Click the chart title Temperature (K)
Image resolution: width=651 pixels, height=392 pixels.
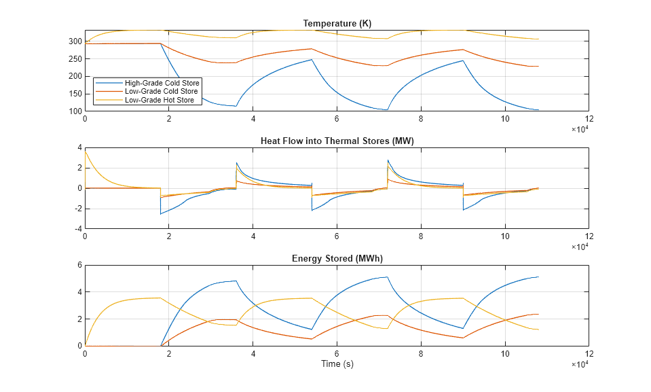point(337,24)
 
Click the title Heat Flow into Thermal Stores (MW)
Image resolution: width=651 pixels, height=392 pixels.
point(337,141)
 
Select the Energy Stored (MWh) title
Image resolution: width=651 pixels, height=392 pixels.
point(337,258)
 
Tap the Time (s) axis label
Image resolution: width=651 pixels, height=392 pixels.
point(337,364)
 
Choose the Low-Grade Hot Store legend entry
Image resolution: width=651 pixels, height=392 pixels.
point(160,100)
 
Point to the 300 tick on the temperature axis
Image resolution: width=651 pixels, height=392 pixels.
point(75,41)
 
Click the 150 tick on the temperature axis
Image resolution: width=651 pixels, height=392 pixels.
point(75,94)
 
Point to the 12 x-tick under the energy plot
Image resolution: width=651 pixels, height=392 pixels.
point(589,354)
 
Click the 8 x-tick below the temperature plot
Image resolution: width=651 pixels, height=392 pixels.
point(421,119)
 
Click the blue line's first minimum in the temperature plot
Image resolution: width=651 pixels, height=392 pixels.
point(236,106)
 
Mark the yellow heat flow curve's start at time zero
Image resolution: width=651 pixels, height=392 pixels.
point(86,152)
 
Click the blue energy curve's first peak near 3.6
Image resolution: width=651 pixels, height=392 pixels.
point(236,281)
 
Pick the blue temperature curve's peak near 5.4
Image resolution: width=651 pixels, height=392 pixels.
point(312,60)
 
